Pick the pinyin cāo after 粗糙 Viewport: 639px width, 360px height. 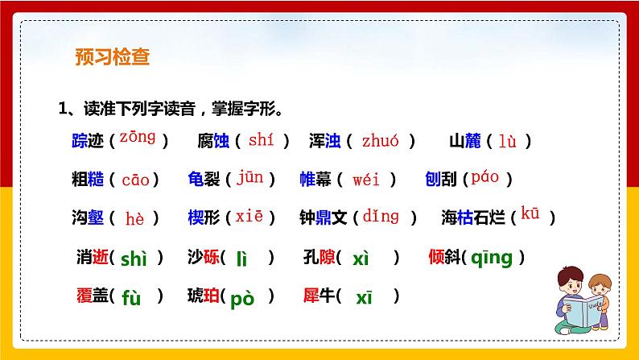point(135,180)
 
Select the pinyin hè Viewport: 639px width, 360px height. point(134,217)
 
